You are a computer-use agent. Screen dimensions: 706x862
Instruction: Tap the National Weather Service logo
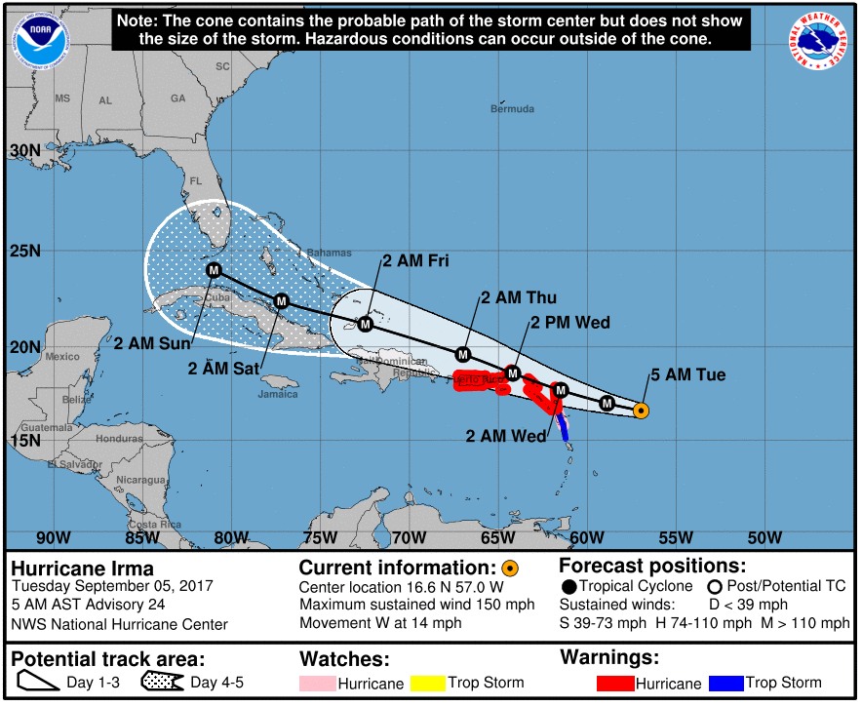[x=819, y=41]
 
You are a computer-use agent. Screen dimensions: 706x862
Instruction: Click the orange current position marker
[x=641, y=411]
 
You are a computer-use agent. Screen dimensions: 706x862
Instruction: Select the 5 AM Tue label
[x=688, y=375]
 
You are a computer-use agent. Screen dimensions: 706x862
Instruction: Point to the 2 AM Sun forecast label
[x=153, y=343]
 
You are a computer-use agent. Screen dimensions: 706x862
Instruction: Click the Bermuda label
[x=512, y=108]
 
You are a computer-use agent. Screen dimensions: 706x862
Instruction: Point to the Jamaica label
[x=278, y=395]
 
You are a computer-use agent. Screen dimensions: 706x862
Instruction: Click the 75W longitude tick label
[x=317, y=537]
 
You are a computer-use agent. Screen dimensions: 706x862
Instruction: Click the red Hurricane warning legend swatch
[x=617, y=684]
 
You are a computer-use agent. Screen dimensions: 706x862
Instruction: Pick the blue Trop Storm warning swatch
[x=727, y=684]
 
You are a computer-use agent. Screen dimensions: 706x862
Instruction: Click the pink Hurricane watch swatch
[x=318, y=684]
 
